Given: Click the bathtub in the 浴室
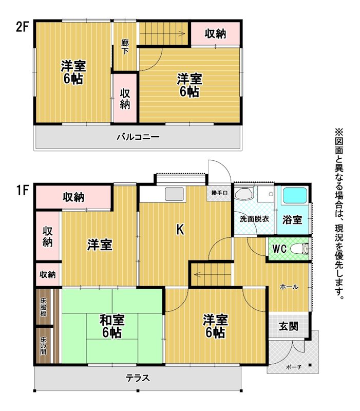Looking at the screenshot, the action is [x=295, y=195].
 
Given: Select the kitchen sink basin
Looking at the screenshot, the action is [x=174, y=194].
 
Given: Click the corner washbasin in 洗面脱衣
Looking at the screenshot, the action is [x=243, y=194].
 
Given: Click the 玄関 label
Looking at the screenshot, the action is [x=289, y=326].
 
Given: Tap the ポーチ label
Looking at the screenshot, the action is [x=294, y=367].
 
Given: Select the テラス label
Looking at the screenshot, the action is [x=138, y=378].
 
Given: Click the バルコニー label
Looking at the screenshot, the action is [x=138, y=137].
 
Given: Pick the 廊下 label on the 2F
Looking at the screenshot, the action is [x=125, y=47].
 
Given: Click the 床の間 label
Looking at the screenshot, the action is [x=43, y=346].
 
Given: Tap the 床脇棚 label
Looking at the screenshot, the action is [x=43, y=307].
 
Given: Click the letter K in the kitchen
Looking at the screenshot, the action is [x=180, y=230].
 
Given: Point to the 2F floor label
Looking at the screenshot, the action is [x=22, y=27].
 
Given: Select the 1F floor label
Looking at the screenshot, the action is [x=22, y=190].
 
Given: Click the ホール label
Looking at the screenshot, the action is [x=289, y=287].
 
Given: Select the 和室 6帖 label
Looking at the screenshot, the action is [x=112, y=326].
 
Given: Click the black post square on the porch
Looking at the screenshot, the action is [x=310, y=365].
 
